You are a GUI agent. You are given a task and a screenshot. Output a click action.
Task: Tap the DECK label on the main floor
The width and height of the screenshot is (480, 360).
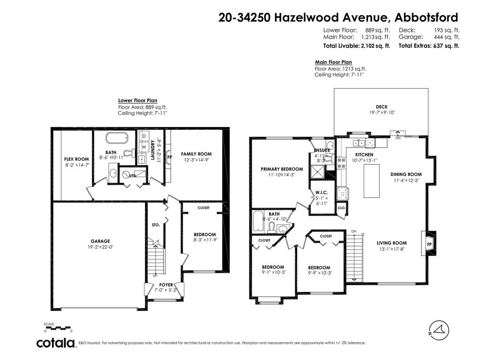click(381, 107)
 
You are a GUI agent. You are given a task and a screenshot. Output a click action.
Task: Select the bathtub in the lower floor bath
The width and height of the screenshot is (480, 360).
click(115, 139)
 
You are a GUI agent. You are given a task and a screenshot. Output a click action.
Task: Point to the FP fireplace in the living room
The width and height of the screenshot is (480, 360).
click(429, 244)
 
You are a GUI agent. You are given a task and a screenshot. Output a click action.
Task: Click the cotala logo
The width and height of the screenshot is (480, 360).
click(56, 343)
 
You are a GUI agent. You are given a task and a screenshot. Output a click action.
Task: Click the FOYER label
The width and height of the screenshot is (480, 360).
click(166, 285)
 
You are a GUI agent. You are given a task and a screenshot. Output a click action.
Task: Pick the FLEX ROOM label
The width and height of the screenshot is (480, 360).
click(76, 159)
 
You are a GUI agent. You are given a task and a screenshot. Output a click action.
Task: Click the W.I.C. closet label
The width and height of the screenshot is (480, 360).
click(321, 193)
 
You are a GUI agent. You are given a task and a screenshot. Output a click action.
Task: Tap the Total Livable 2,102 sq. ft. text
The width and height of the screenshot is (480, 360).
click(356, 46)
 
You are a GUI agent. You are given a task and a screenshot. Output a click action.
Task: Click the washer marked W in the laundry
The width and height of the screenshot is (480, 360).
click(144, 147)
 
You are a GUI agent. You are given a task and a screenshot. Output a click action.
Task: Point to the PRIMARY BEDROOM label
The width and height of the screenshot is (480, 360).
click(282, 169)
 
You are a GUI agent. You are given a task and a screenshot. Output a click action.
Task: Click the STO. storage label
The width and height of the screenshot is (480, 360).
click(156, 225)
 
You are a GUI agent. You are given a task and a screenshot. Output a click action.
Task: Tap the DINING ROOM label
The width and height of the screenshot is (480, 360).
click(406, 174)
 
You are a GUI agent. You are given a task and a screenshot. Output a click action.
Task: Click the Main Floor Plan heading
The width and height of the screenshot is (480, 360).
click(333, 62)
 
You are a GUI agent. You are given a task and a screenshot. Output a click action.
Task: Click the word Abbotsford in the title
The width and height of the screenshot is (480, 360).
click(426, 17)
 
